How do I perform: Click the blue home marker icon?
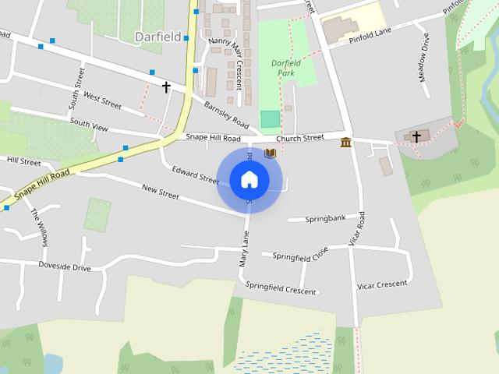pos(249,180)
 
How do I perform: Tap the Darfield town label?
pos(158,37)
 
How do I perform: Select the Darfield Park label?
pos(285,68)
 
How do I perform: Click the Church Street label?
pos(299,138)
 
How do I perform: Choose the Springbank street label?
pos(325,218)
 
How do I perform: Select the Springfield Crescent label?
pos(281,288)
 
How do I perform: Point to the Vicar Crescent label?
pos(382,284)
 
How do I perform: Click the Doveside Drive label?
pos(65,266)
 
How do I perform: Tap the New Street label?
pos(160,190)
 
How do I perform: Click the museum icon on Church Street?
pos(345,142)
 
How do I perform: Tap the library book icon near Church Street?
pos(270,153)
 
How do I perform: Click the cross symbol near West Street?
pos(166,86)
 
